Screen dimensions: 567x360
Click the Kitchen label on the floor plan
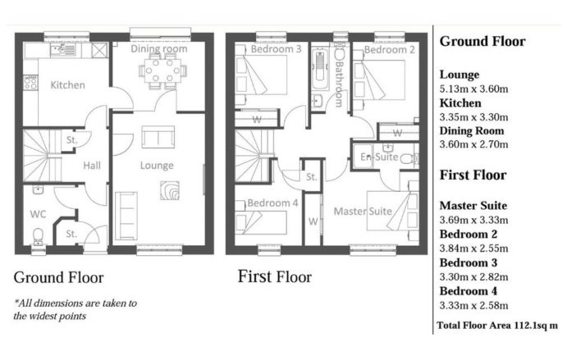(x=67, y=85)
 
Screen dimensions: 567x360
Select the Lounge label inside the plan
(x=157, y=166)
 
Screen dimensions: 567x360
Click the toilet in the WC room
(x=38, y=235)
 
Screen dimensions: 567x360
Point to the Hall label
(x=92, y=166)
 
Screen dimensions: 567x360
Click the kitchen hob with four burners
(x=30, y=82)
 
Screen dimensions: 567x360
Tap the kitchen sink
(x=63, y=50)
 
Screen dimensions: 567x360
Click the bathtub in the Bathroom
(x=320, y=69)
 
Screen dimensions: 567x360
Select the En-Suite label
(x=379, y=157)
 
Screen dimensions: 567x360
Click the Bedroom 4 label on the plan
(x=272, y=203)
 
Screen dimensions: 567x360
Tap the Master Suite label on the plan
(x=363, y=211)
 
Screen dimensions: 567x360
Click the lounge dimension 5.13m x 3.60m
(x=473, y=89)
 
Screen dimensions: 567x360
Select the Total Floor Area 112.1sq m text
(x=497, y=326)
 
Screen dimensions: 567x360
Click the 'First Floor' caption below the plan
(x=274, y=276)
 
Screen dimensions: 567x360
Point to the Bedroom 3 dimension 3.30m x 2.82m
(x=473, y=277)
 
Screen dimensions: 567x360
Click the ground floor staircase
(x=42, y=156)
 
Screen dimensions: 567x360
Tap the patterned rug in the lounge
(x=170, y=190)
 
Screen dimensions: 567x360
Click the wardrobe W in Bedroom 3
(x=257, y=119)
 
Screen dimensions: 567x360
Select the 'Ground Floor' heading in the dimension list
(x=482, y=41)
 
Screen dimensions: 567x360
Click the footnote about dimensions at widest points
(x=75, y=309)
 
